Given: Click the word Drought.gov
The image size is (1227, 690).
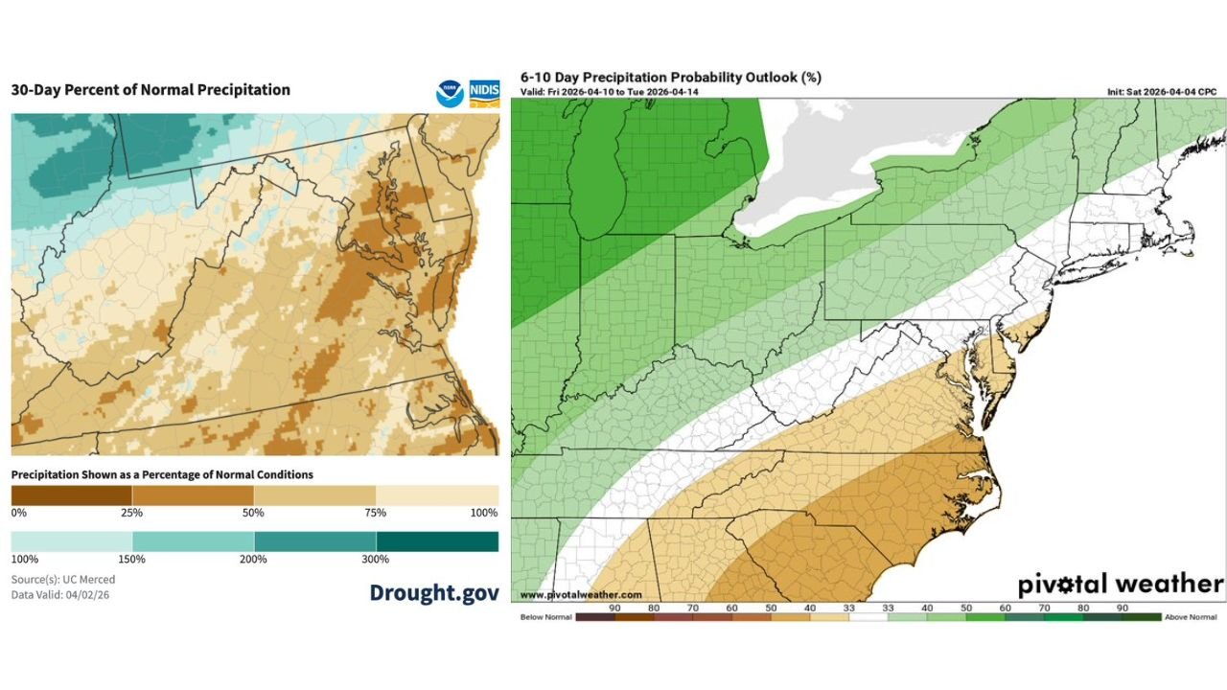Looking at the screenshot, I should (x=434, y=593).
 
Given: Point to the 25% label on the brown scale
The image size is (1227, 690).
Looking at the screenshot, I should (x=131, y=513).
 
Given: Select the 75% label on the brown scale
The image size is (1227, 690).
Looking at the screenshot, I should (x=375, y=513).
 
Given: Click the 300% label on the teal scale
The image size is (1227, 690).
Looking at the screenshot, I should (x=375, y=560).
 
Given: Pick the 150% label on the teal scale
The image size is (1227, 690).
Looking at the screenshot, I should (x=131, y=560).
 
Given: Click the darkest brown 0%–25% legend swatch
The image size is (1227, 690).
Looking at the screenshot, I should (x=71, y=494).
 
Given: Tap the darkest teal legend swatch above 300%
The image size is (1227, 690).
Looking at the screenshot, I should (x=437, y=541).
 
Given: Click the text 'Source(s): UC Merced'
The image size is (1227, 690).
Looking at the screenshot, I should (x=63, y=580).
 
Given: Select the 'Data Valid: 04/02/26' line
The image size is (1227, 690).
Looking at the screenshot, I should (x=60, y=595).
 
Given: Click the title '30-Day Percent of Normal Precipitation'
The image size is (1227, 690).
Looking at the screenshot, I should (x=150, y=90).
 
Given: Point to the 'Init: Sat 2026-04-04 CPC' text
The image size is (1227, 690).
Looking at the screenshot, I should (x=1164, y=92).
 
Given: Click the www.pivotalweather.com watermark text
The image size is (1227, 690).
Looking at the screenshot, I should (x=581, y=595).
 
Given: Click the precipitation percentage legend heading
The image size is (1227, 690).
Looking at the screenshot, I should (x=162, y=474).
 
